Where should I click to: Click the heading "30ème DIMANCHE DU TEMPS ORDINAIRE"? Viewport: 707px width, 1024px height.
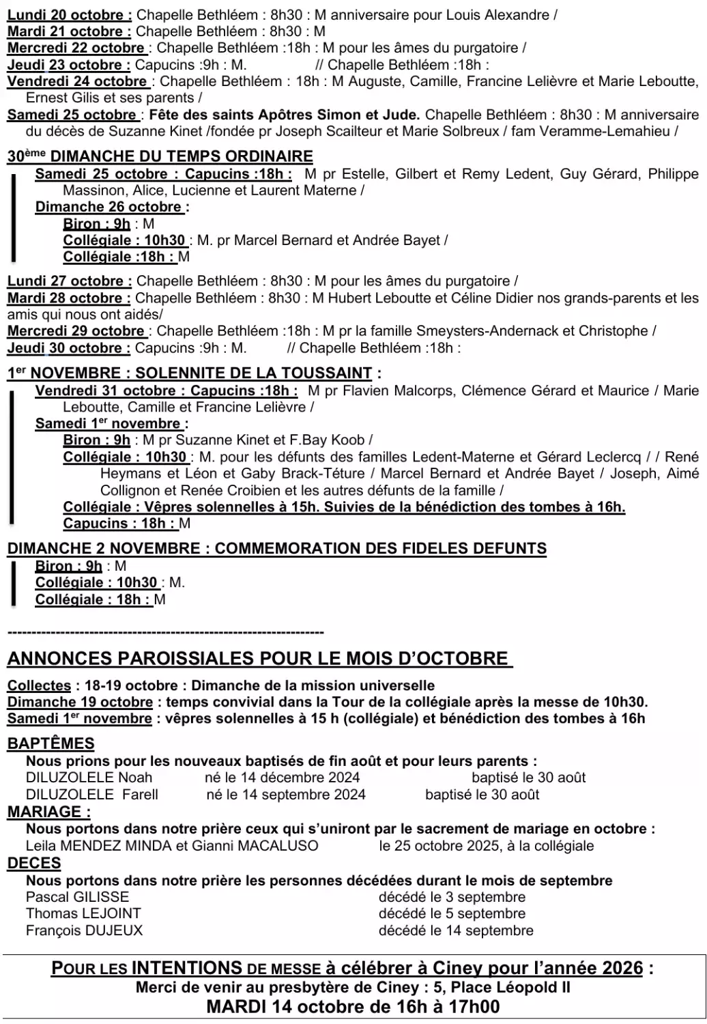coord(160,156)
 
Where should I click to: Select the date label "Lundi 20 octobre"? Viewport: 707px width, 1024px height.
coord(70,14)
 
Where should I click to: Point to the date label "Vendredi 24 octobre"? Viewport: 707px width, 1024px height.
coord(77,81)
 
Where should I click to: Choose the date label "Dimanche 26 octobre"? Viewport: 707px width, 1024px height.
coord(111,207)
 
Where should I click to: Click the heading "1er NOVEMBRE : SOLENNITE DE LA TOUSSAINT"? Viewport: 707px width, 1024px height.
coord(190,373)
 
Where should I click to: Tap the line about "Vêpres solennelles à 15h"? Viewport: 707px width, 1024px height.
coord(344,507)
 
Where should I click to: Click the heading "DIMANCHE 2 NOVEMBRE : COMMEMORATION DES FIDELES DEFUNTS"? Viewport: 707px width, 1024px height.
coord(277,549)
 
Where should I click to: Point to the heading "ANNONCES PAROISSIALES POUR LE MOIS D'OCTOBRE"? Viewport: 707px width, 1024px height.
coord(258,659)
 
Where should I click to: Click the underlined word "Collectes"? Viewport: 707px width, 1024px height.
coord(40,685)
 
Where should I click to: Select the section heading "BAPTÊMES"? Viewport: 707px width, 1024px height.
coord(51,743)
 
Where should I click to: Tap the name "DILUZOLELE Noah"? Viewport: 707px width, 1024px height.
coord(89,778)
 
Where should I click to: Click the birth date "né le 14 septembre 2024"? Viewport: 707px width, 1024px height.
coord(286,795)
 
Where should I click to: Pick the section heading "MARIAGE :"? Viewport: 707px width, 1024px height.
coord(49,812)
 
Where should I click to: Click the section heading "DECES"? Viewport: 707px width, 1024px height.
coord(34,863)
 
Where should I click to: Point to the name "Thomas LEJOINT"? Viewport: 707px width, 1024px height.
coord(83,913)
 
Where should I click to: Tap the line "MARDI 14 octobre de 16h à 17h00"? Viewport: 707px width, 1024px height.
coord(353,1006)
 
